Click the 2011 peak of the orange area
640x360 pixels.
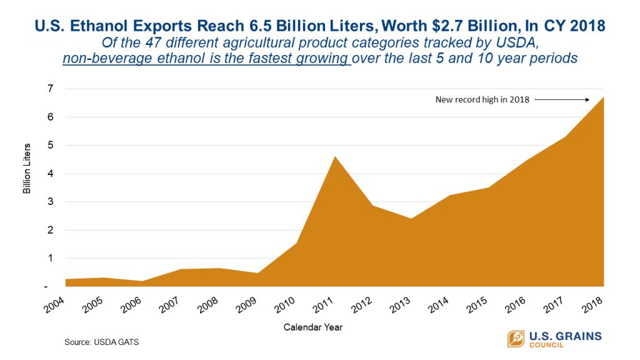(x=334, y=157)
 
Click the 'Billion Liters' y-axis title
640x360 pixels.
(x=27, y=173)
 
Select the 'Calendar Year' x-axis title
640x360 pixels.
(x=312, y=327)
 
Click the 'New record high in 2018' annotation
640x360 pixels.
(x=482, y=99)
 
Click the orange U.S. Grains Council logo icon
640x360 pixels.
(x=516, y=338)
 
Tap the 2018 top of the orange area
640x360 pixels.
(x=603, y=98)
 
